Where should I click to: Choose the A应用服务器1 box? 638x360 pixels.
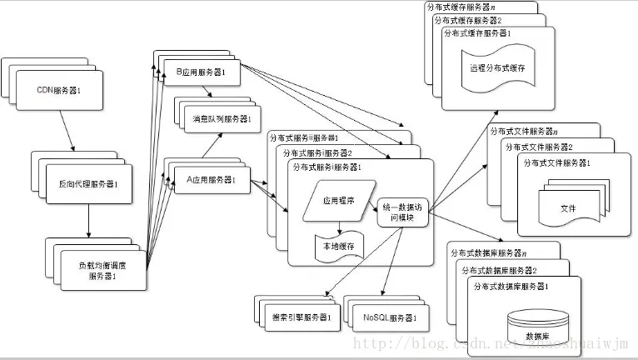(211, 179)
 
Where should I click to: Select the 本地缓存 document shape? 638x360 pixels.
(339, 247)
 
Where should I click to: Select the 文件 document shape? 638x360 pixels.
(569, 207)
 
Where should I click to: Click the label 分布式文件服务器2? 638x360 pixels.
(551, 147)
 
